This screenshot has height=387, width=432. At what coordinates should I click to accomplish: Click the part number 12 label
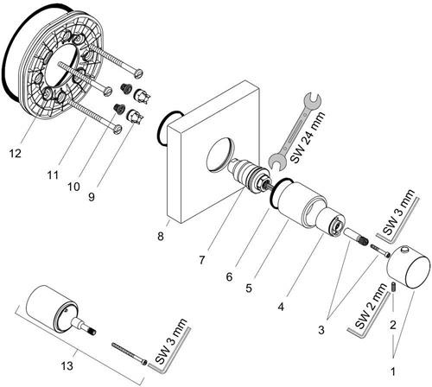coord(16,153)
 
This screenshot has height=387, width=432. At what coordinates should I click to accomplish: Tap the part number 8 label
coord(161,237)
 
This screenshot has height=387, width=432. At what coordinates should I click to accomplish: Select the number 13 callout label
coord(67,366)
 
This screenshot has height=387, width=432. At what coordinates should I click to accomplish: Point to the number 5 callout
coord(249,288)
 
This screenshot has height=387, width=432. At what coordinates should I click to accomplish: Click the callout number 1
coord(393,371)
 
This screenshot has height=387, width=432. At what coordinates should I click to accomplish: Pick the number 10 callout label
coord(73,187)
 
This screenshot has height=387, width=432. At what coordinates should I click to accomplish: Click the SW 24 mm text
coord(308,137)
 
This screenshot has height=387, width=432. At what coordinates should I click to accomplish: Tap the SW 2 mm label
coord(371,306)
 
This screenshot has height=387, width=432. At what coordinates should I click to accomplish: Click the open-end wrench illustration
coord(295,132)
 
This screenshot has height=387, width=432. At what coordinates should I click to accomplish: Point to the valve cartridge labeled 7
coord(248,174)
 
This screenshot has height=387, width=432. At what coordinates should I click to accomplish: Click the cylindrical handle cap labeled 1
coord(409,266)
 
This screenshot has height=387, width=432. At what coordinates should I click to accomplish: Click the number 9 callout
coord(92,197)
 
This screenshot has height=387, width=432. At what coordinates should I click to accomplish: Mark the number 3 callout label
coord(321,330)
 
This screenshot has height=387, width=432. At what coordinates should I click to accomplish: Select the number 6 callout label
coord(229,277)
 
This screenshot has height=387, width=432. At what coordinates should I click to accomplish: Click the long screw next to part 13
coord(130,353)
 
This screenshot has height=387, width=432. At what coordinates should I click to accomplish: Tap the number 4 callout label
coord(281,307)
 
